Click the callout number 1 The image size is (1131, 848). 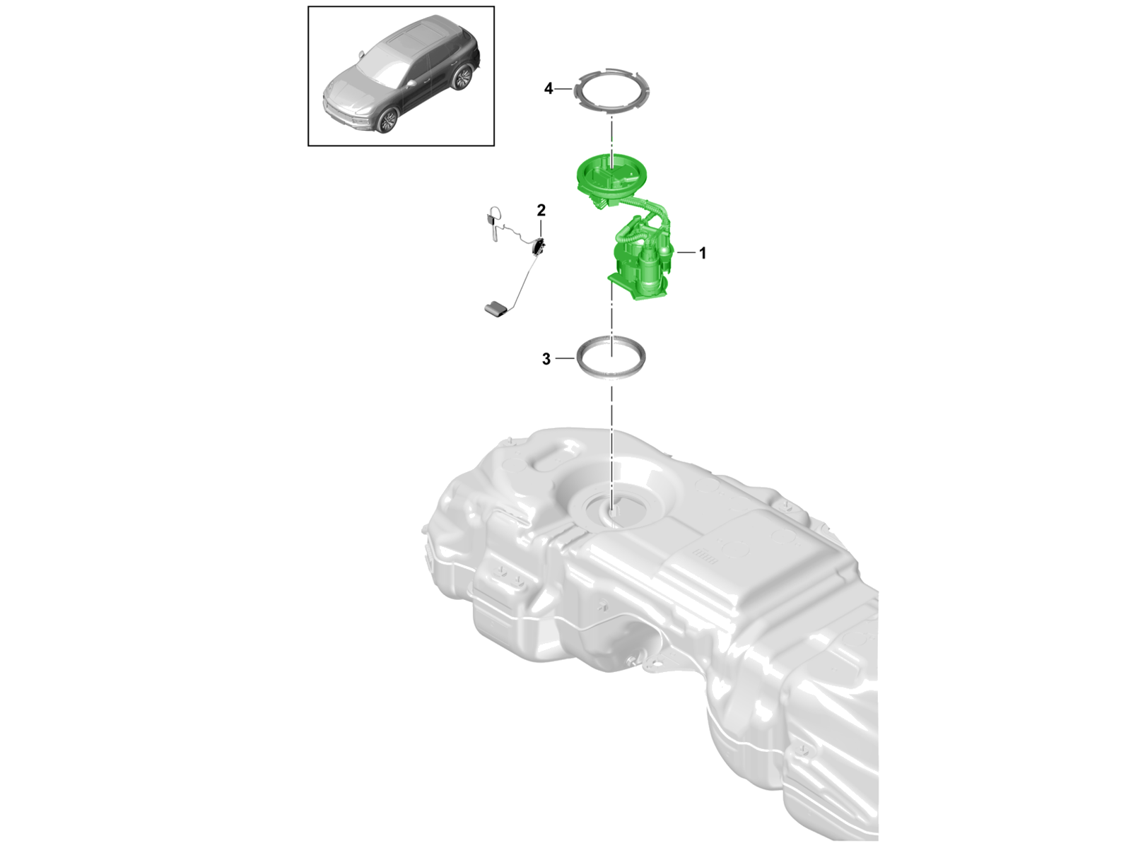[x=702, y=253]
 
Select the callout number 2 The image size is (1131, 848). [x=541, y=210]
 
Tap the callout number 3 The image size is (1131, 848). [x=546, y=359]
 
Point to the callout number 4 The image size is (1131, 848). [x=549, y=89]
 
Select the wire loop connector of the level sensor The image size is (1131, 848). [x=133, y=222]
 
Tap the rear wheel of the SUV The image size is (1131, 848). [x=462, y=77]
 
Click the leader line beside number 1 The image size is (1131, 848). [x=685, y=252]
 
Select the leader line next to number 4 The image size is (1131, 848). [x=563, y=89]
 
